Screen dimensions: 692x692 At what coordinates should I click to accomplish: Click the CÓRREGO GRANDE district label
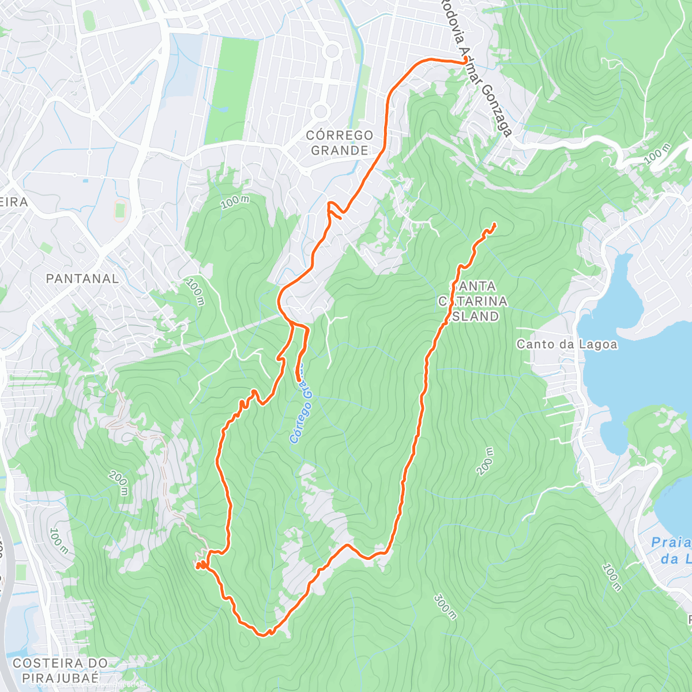340,142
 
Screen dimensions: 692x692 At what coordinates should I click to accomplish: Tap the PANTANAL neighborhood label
82,279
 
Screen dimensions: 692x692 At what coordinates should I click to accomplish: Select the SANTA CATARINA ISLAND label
472,301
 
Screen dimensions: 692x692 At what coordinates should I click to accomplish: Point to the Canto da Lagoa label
566,344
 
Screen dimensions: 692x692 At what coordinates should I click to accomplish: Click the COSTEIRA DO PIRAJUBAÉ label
60,670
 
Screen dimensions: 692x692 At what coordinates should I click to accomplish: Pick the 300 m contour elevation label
445,607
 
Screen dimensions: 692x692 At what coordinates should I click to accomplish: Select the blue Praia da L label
672,550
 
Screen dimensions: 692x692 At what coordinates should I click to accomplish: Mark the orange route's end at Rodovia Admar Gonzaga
465,61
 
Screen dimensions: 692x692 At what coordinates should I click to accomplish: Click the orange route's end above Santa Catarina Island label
494,224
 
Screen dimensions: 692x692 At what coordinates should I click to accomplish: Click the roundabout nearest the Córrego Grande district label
321,111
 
